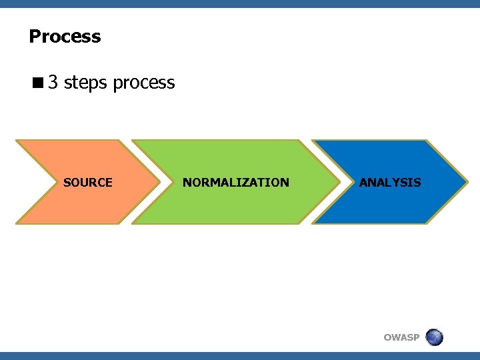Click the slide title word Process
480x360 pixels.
coord(65,36)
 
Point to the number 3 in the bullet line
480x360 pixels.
coord(53,83)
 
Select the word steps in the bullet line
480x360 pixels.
coord(86,83)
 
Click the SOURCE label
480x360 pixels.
coord(87,182)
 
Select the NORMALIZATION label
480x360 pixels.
coord(236,182)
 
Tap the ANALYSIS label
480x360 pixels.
coord(390,181)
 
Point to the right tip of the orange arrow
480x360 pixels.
coord(159,181)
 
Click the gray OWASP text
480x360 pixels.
coord(401,337)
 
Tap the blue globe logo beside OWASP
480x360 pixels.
coord(434,337)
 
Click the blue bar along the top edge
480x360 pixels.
coord(240,3)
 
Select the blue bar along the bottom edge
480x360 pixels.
coord(240,356)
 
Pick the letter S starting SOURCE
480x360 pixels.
coord(67,182)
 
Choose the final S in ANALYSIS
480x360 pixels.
coord(417,181)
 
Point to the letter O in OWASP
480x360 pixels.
coord(388,337)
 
